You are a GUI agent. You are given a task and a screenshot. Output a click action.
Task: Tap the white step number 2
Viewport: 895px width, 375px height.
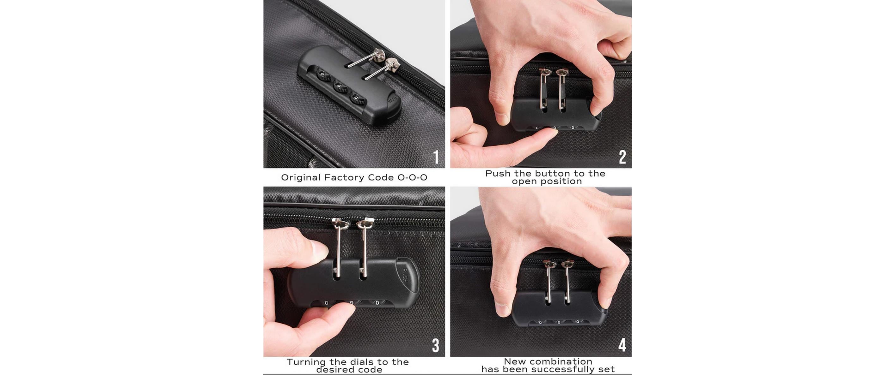[x=622, y=157]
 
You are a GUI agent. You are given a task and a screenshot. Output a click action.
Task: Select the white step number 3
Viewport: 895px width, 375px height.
[x=436, y=346]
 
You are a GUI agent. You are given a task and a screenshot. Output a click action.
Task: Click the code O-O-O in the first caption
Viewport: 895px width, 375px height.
[x=413, y=178]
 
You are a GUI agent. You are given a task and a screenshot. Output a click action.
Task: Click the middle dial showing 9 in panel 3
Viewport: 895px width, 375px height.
[x=351, y=303]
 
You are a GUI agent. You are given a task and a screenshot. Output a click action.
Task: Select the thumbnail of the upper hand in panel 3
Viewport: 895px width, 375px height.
[x=319, y=249]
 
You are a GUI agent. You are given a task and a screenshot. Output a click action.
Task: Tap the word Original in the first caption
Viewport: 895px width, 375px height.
[x=301, y=178]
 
